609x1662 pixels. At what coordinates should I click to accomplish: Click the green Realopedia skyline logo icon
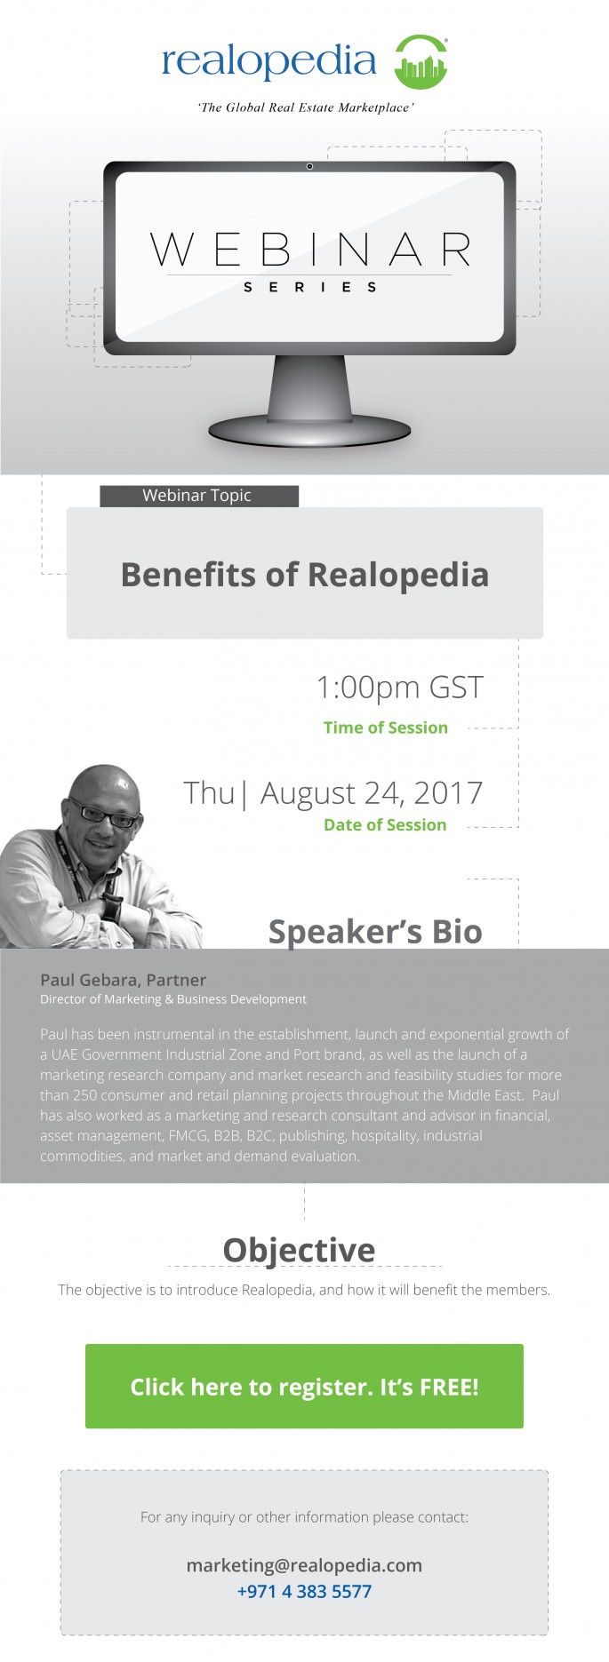pyautogui.click(x=421, y=62)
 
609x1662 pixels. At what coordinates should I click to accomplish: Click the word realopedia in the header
pyautogui.click(x=268, y=61)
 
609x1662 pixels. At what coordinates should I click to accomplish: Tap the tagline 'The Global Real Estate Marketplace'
pyautogui.click(x=305, y=107)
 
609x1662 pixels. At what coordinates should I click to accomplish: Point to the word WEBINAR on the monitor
pyautogui.click(x=310, y=250)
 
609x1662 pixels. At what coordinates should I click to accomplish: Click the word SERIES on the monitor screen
pyautogui.click(x=310, y=287)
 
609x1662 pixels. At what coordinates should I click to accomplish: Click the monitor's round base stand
pyautogui.click(x=309, y=430)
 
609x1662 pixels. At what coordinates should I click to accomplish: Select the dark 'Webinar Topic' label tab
pyautogui.click(x=198, y=496)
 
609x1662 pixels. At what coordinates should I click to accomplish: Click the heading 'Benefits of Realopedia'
pyautogui.click(x=304, y=575)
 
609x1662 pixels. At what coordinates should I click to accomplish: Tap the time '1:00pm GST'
pyautogui.click(x=399, y=688)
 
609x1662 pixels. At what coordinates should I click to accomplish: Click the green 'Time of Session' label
pyautogui.click(x=385, y=728)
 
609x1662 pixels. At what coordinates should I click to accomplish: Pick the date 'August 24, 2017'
pyautogui.click(x=371, y=793)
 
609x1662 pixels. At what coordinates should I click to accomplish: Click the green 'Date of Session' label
pyautogui.click(x=385, y=824)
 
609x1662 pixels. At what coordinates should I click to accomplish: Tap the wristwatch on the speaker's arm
pyautogui.click(x=112, y=908)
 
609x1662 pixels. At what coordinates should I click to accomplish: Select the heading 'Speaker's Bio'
pyautogui.click(x=375, y=931)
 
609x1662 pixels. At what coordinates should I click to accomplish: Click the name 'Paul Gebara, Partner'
pyautogui.click(x=123, y=980)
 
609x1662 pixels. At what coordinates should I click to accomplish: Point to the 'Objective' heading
pyautogui.click(x=299, y=1249)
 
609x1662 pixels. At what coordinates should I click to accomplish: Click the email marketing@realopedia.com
pyautogui.click(x=304, y=1565)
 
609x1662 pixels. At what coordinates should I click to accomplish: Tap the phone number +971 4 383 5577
pyautogui.click(x=304, y=1591)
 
